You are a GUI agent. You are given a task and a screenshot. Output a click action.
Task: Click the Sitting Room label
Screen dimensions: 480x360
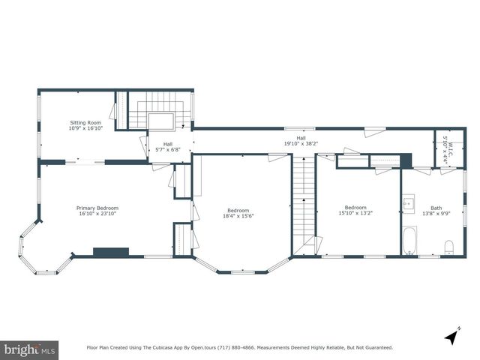point(85,123)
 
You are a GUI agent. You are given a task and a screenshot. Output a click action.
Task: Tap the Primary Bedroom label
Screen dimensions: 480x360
point(97,208)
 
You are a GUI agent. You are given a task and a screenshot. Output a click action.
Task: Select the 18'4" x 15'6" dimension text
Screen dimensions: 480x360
point(238,216)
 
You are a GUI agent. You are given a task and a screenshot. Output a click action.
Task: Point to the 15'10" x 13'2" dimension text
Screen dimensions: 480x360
point(355,213)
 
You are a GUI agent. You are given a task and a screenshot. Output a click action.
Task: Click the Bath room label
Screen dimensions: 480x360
point(436,208)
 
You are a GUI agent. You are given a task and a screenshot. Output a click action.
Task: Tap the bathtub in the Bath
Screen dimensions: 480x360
point(410,241)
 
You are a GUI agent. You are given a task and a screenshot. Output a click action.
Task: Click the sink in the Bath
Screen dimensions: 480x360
point(408,203)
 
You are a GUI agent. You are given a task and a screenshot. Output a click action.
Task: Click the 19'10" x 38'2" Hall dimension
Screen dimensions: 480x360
point(301,143)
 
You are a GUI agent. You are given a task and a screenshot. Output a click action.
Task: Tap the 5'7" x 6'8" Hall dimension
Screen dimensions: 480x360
point(168,149)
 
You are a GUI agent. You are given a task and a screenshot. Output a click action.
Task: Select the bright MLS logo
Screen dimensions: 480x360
point(29,350)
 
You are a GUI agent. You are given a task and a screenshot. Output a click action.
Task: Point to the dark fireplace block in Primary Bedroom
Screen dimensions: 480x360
point(111,252)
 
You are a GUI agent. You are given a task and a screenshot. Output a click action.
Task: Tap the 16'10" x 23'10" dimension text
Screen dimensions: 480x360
point(97,213)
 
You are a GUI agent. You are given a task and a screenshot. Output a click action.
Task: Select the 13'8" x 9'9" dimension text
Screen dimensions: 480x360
point(436,213)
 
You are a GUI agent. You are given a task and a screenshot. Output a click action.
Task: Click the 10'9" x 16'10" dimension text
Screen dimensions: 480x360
point(85,128)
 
